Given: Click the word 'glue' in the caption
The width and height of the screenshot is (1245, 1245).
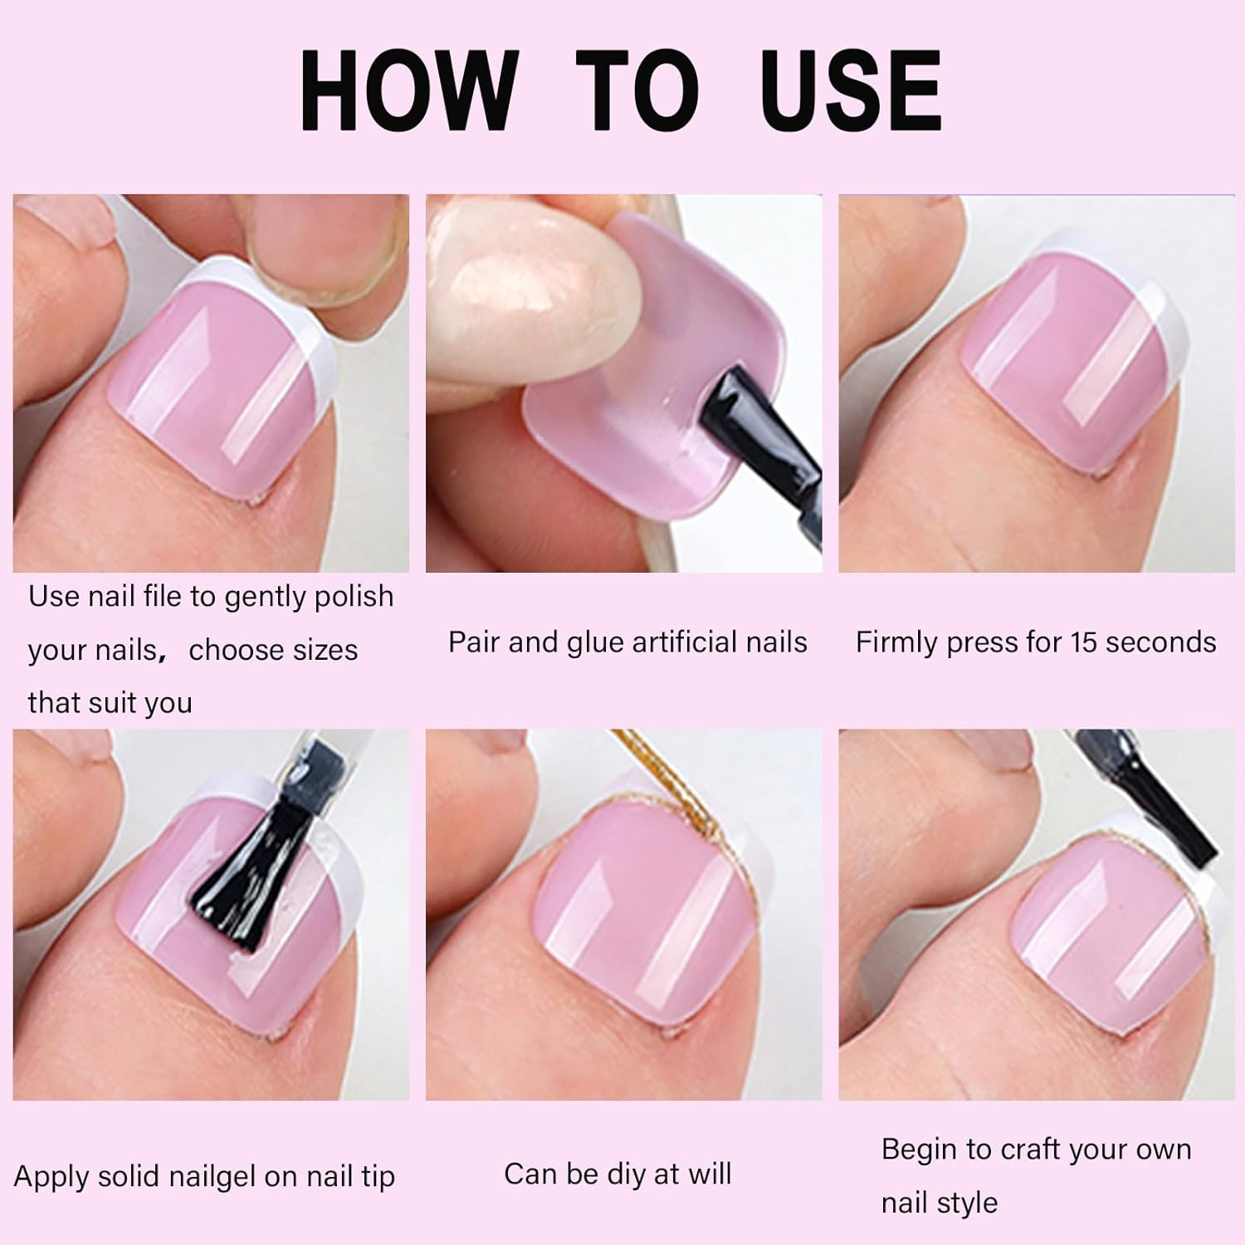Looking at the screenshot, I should tap(596, 642).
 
